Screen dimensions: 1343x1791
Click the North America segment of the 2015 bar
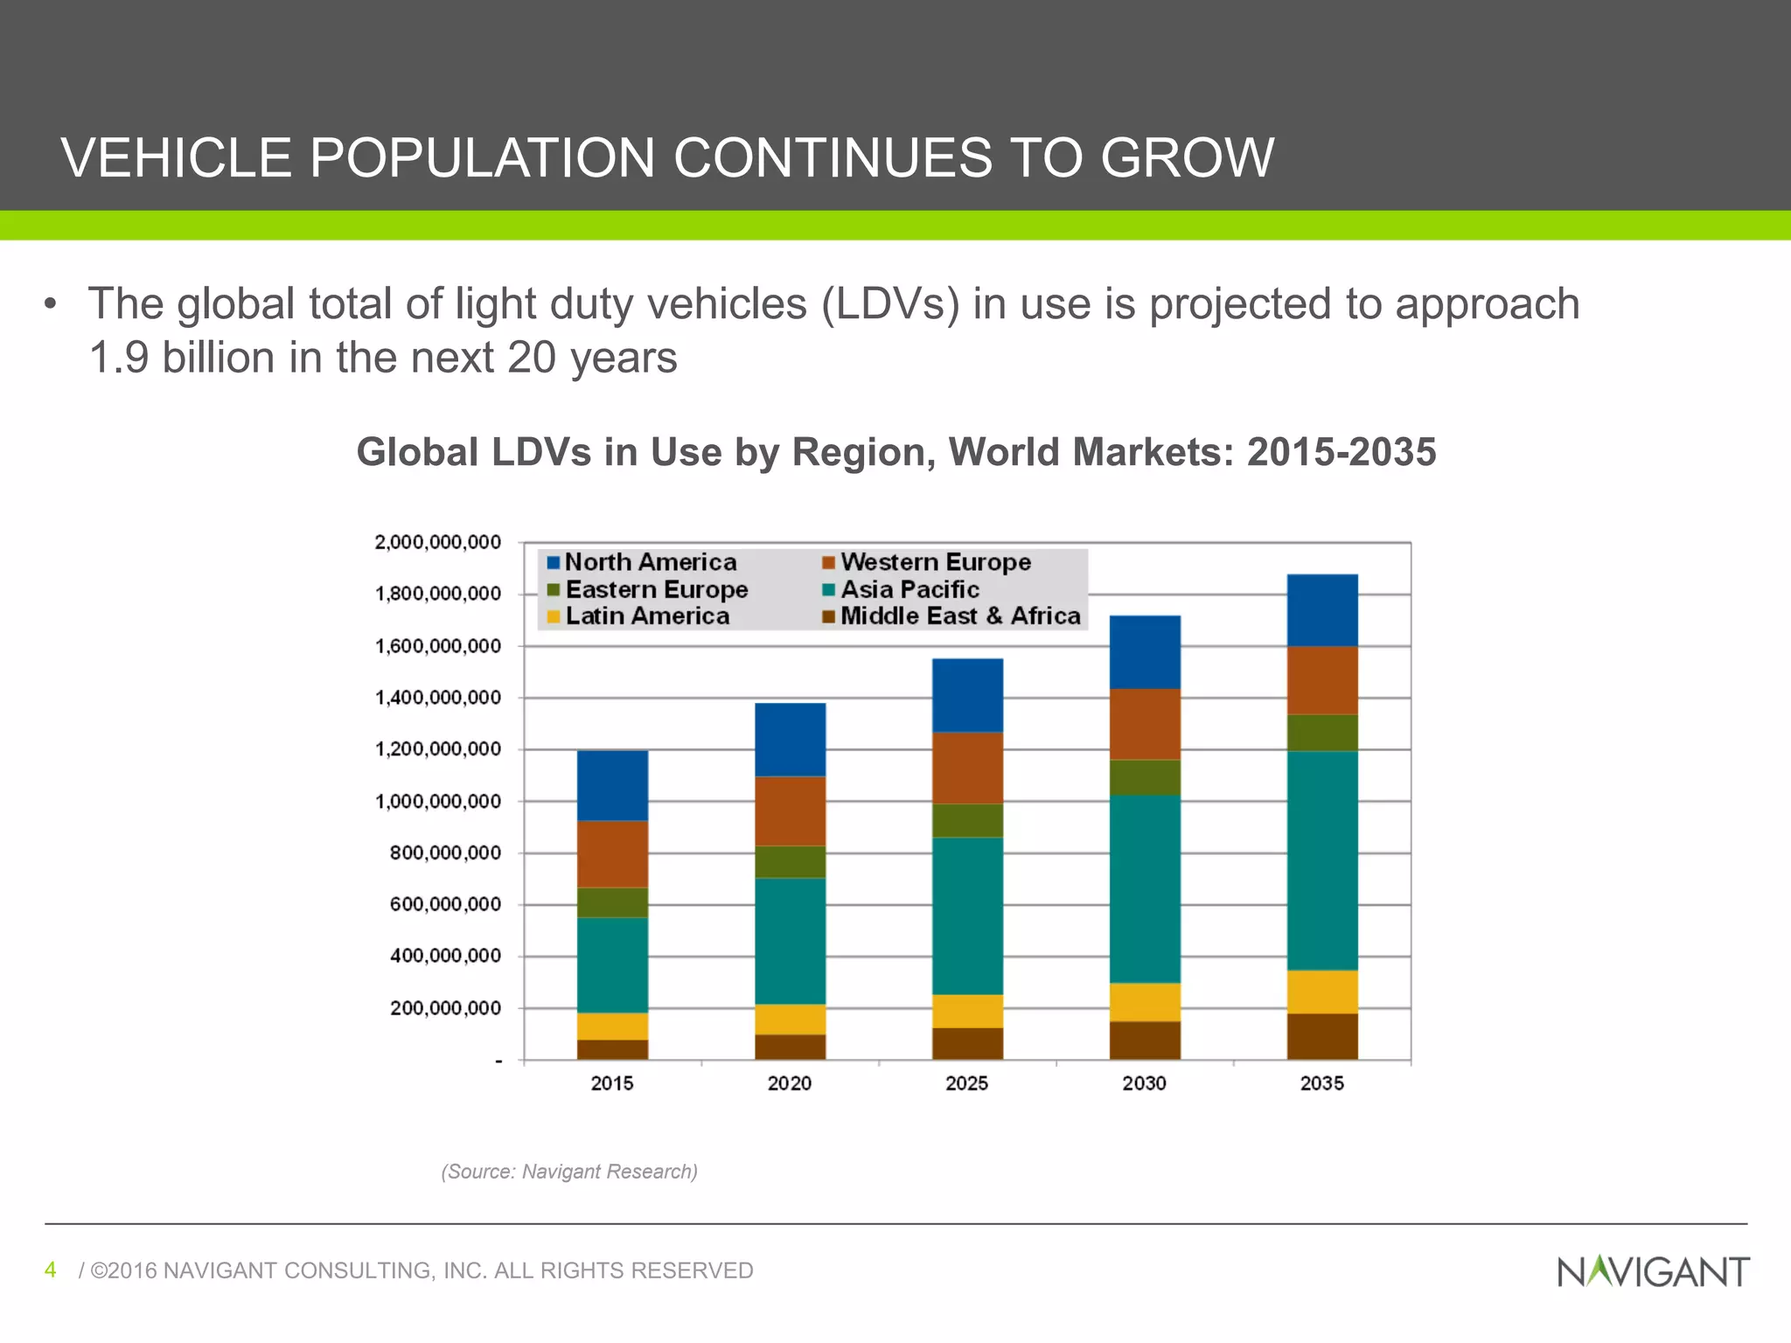612,785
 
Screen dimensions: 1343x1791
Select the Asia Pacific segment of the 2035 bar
1322,860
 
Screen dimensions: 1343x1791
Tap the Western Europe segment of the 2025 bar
967,768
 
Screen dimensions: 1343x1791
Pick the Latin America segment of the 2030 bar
1145,1002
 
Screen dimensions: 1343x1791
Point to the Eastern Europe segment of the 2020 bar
790,861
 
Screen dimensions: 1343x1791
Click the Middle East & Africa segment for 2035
1322,1036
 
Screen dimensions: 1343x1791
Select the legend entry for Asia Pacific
909,589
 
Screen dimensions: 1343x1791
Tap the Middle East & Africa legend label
959,616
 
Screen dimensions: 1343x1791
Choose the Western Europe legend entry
935,562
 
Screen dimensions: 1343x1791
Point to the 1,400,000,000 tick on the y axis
438,698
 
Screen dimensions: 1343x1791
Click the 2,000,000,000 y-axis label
438,542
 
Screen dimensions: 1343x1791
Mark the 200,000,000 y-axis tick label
445,1008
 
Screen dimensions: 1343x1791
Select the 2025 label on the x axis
966,1083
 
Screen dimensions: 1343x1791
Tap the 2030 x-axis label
1144,1083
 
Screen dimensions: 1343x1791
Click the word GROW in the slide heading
1187,158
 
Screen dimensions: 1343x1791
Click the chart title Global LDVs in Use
895,453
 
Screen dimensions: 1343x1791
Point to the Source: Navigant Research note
569,1172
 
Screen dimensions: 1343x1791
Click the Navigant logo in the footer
1653,1271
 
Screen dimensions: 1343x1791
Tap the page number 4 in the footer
51,1270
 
